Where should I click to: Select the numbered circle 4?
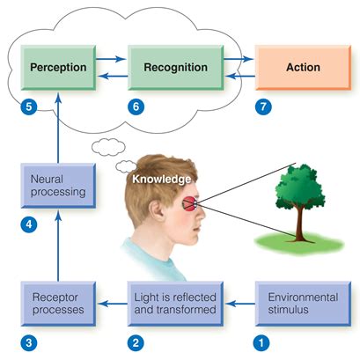click(27, 224)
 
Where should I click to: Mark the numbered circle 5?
click(27, 107)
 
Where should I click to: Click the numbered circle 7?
click(259, 107)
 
